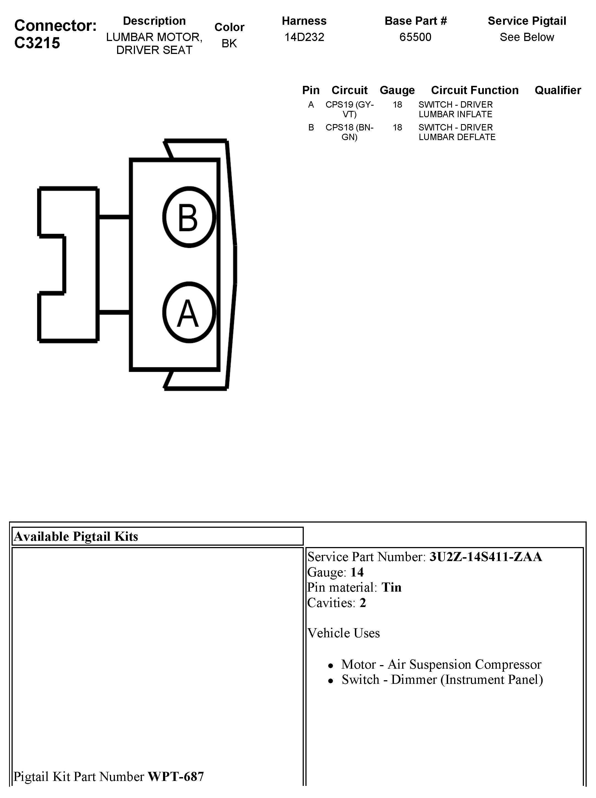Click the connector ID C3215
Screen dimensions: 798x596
[37, 43]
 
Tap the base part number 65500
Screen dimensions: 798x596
[415, 37]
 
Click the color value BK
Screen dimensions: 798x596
[229, 43]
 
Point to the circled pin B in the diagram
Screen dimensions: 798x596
[189, 217]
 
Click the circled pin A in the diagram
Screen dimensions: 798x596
[189, 312]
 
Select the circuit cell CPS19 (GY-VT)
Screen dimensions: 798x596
[349, 109]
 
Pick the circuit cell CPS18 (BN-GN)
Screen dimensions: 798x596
[349, 132]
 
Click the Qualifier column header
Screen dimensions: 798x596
[558, 90]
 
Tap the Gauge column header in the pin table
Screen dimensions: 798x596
[397, 90]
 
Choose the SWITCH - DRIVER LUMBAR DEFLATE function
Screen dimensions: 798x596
[457, 132]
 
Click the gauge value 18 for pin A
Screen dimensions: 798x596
[397, 105]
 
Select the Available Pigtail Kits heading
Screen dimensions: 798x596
[76, 537]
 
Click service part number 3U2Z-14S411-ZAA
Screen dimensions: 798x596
[485, 557]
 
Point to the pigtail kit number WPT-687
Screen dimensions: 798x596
[176, 776]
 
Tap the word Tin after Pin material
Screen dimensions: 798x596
[391, 587]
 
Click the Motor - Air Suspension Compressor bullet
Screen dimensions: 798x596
[441, 664]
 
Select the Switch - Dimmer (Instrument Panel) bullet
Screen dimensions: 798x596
[442, 679]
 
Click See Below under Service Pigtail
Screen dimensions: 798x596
[526, 37]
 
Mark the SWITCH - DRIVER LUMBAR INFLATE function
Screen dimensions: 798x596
[456, 109]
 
